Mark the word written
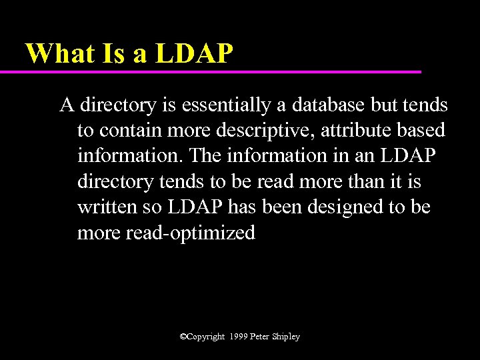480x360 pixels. (107, 207)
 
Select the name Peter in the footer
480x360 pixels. (261, 337)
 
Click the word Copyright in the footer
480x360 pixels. (206, 337)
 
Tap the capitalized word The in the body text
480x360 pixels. (205, 156)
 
